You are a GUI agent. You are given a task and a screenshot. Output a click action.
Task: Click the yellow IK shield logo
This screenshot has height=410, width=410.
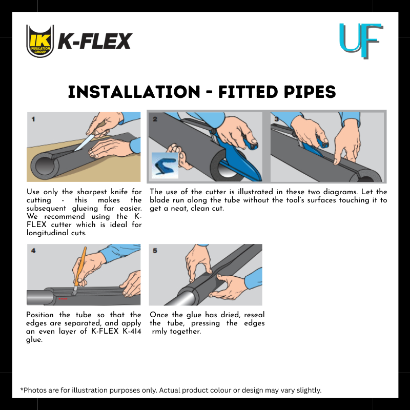(x=40, y=41)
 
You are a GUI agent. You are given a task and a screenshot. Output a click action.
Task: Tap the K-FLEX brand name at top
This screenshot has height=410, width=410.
(x=95, y=42)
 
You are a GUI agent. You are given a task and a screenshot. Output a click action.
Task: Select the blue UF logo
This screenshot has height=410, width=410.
(x=361, y=40)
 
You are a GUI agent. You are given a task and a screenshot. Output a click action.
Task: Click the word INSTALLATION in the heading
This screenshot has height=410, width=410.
(x=134, y=92)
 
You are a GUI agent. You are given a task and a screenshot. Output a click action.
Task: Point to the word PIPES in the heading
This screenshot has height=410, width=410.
(x=310, y=92)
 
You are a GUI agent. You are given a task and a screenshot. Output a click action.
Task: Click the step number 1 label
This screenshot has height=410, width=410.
(x=33, y=119)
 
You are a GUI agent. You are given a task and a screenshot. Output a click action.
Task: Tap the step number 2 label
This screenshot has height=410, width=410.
(x=155, y=119)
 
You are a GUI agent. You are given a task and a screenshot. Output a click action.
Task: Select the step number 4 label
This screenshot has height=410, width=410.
(x=33, y=251)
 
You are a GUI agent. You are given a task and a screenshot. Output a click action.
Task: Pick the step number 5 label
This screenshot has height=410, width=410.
(x=155, y=251)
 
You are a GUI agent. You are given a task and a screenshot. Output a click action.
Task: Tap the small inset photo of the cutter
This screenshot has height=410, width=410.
(x=165, y=166)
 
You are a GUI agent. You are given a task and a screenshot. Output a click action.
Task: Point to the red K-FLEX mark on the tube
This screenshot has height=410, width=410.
(x=63, y=299)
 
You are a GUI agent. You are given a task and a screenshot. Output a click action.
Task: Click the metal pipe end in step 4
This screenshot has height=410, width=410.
(x=40, y=297)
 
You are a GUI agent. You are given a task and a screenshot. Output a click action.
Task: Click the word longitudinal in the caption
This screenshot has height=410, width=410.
(x=48, y=233)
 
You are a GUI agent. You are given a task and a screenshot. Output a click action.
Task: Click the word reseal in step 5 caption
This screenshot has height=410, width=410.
(x=254, y=315)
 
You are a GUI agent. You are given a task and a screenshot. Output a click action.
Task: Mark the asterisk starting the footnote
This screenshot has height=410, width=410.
(x=22, y=389)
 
